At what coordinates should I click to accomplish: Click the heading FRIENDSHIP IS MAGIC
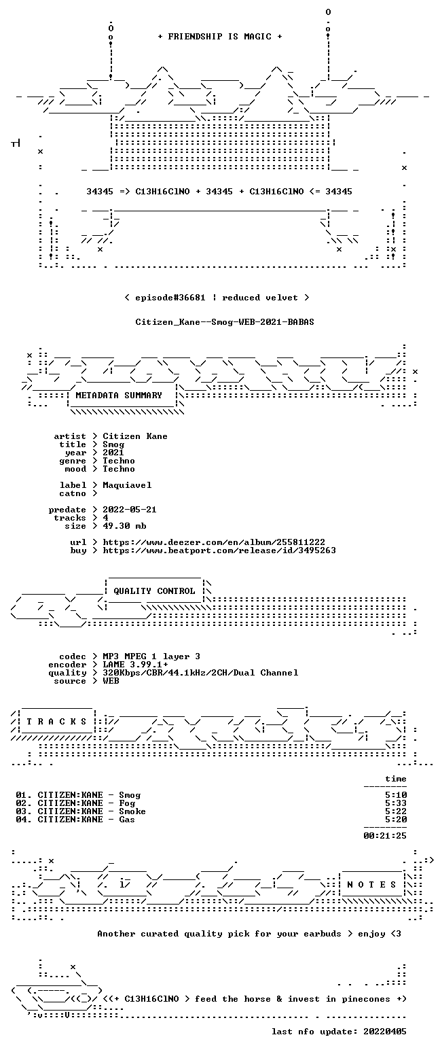point(219,37)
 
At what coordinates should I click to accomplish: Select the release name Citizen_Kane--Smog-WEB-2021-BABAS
point(225,322)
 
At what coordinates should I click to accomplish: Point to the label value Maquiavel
point(127,486)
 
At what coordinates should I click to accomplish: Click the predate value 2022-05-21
point(130,510)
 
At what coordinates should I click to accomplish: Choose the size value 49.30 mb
point(124,526)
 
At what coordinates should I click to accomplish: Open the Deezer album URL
point(214,542)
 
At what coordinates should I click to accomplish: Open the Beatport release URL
point(219,550)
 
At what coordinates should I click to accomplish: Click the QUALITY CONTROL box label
point(154,591)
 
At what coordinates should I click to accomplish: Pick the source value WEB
point(111,681)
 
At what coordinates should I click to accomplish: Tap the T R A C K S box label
point(57,722)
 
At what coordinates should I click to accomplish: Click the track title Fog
point(127,803)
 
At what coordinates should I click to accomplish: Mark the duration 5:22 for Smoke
point(396,811)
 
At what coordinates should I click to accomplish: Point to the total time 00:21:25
point(385,835)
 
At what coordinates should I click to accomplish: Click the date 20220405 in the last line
point(385,1032)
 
